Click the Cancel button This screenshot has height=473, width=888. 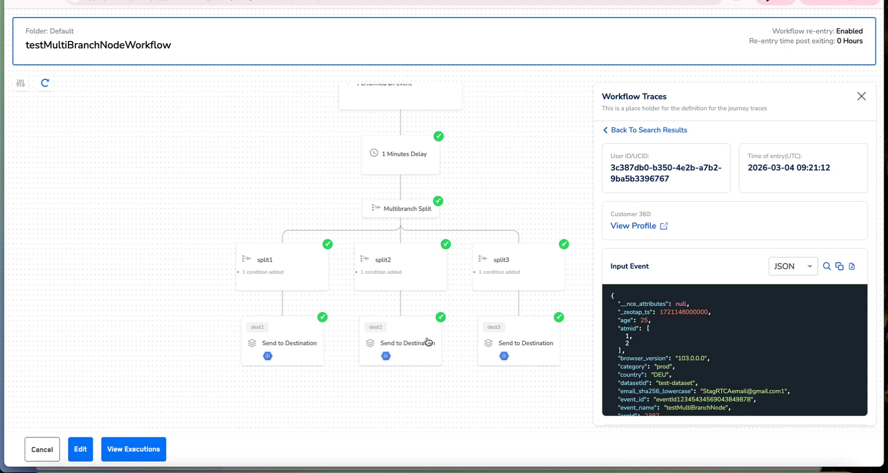click(x=42, y=449)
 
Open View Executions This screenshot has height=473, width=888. click(x=133, y=449)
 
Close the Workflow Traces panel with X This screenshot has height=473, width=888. click(x=861, y=96)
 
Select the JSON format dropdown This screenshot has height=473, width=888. click(x=792, y=266)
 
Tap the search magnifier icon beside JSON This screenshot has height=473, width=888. click(x=827, y=266)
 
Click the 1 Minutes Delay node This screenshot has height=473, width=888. click(x=400, y=154)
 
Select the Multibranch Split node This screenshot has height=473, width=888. click(x=401, y=208)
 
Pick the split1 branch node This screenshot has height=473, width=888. click(x=282, y=266)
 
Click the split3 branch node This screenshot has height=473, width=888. click(x=518, y=266)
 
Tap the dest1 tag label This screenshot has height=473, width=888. click(x=257, y=327)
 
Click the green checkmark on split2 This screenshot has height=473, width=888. click(x=446, y=244)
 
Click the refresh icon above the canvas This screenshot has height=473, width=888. click(x=45, y=83)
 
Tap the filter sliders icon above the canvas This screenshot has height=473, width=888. click(x=20, y=83)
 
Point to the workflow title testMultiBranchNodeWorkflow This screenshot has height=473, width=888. click(x=98, y=45)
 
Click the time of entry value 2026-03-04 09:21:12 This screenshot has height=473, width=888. click(x=789, y=167)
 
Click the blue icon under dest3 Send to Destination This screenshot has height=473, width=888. click(x=504, y=356)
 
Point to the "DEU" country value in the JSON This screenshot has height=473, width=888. click(x=661, y=375)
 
